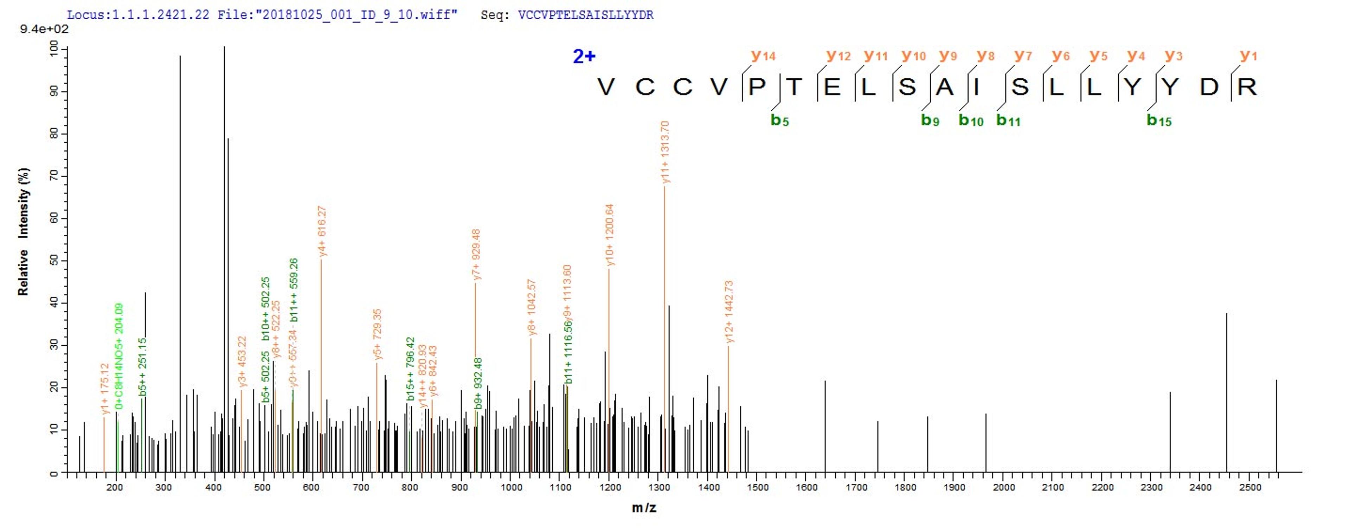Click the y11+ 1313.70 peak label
pos(666,152)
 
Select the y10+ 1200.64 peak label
pos(610,235)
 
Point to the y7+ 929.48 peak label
pos(476,255)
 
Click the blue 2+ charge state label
pos(584,57)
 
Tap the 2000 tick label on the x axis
pos(1004,488)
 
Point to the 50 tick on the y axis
pos(54,261)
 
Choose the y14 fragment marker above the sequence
pos(763,56)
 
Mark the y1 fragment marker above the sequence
pos(1248,56)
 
